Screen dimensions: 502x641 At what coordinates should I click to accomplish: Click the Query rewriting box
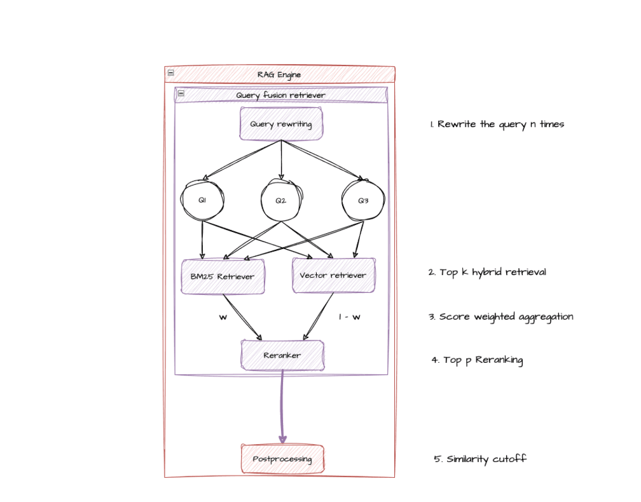tap(281, 124)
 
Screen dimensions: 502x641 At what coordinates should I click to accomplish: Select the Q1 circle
tap(202, 200)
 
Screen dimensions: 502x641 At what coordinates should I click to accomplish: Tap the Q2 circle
tap(281, 200)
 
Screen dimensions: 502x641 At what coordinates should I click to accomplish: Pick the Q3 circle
tap(362, 200)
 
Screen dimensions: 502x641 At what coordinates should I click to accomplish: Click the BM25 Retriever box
tap(223, 276)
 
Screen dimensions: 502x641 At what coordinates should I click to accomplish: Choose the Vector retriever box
tap(333, 275)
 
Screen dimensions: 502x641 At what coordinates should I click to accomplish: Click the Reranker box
tap(282, 355)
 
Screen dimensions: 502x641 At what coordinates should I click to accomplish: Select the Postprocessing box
tap(282, 459)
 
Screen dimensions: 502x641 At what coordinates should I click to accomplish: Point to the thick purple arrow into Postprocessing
tap(282, 407)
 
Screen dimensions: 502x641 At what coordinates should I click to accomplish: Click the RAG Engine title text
tap(279, 75)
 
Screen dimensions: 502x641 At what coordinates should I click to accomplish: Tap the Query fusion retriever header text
tap(280, 95)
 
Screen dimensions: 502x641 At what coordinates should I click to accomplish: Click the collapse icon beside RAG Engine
tap(170, 73)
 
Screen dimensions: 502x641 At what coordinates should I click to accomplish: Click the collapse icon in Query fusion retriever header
tap(181, 93)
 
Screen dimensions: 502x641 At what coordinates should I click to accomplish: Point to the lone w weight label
tap(223, 317)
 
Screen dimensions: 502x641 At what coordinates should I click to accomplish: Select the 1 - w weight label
tap(349, 316)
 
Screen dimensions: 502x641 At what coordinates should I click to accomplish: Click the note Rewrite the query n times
tap(497, 125)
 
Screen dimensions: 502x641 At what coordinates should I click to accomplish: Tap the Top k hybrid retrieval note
tap(486, 272)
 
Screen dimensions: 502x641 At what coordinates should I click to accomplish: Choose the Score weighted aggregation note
tap(500, 316)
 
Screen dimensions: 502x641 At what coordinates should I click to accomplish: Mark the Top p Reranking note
tap(477, 360)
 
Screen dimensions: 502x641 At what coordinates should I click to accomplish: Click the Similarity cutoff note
tap(480, 459)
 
